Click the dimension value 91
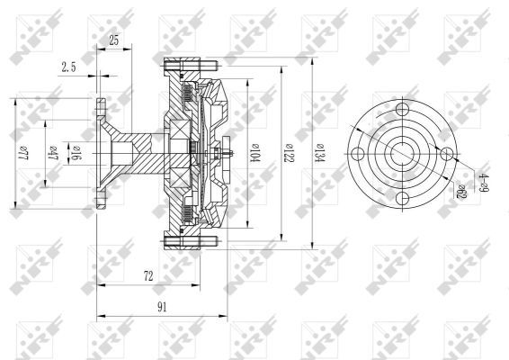click(x=162, y=307)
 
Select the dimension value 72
click(x=149, y=277)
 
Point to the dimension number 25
click(x=113, y=40)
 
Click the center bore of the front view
click(x=401, y=155)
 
